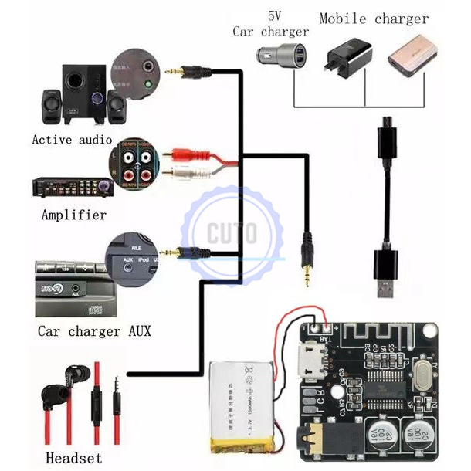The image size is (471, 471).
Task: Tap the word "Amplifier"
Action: pos(73,215)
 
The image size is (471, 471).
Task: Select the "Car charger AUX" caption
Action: pos(94,331)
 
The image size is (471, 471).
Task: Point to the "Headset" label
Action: pos(73,458)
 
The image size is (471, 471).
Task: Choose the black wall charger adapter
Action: pos(347,57)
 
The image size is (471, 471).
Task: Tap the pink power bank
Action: pos(408,56)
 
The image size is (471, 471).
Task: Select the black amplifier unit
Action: pos(69,187)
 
